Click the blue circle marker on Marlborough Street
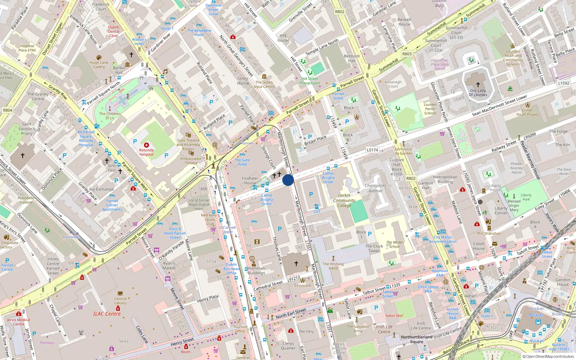[x=288, y=180]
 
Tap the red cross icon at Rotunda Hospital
[x=147, y=145]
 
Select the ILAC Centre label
[x=107, y=314]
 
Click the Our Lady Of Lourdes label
[x=478, y=93]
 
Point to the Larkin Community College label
[x=344, y=201]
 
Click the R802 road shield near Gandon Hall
[x=411, y=178]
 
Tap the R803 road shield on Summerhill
[x=407, y=54]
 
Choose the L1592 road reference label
[x=563, y=83]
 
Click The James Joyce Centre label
[x=264, y=85]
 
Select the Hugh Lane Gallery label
[x=99, y=65]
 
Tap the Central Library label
[x=120, y=301]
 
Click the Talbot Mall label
[x=394, y=316]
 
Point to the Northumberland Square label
[x=417, y=339]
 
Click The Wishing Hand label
[x=333, y=266]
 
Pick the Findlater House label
[x=250, y=180]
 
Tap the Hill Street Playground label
[x=310, y=81]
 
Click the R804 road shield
[x=8, y=110]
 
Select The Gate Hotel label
[x=242, y=162]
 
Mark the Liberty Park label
[x=526, y=197]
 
